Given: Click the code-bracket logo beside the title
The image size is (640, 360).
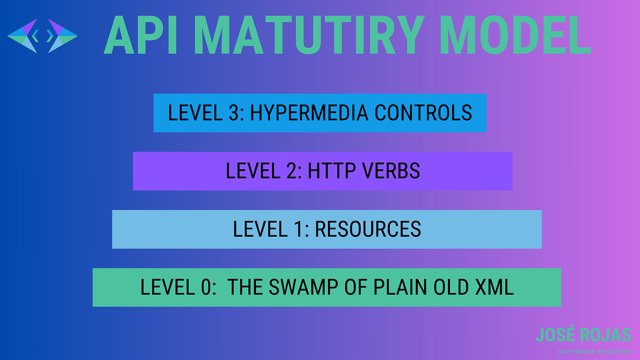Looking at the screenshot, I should click(x=43, y=36).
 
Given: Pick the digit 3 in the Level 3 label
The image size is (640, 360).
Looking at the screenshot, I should click(x=233, y=113).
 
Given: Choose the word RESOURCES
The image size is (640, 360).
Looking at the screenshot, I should click(x=368, y=229).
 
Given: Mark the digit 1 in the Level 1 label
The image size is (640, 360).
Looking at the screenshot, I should click(x=298, y=229).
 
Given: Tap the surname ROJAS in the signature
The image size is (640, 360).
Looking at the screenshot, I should click(x=605, y=335).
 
